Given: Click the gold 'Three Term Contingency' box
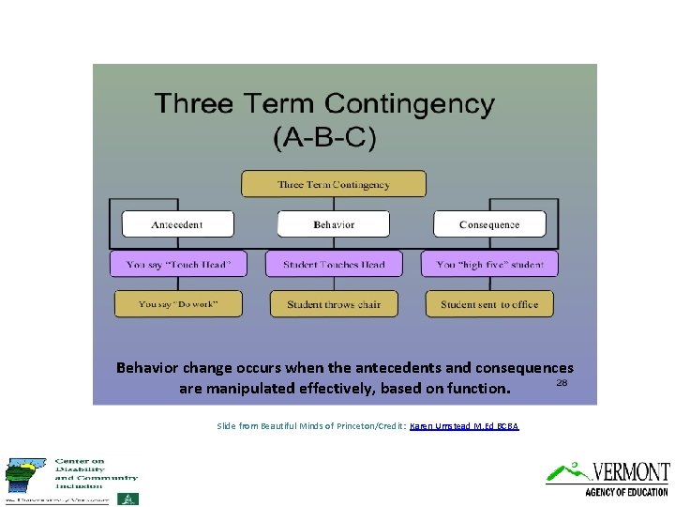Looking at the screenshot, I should (x=333, y=184).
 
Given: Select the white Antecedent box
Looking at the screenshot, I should (x=177, y=224).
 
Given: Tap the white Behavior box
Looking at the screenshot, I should (x=333, y=224).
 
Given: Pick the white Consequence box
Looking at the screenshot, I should (x=489, y=224).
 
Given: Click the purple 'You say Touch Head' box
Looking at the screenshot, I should (x=177, y=264).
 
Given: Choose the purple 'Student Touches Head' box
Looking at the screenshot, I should (x=333, y=264).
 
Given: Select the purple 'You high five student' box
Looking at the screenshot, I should (x=489, y=264).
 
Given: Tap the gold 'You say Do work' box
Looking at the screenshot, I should (x=177, y=304).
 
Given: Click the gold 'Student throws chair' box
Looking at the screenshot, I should (x=333, y=304).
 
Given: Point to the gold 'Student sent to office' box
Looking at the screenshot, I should (x=489, y=304).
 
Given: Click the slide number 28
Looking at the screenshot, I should (x=562, y=383).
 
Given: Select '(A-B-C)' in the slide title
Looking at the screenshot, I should (x=323, y=138).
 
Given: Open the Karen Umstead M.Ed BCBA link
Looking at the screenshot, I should (x=464, y=426).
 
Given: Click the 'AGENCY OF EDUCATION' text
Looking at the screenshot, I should (x=626, y=491).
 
